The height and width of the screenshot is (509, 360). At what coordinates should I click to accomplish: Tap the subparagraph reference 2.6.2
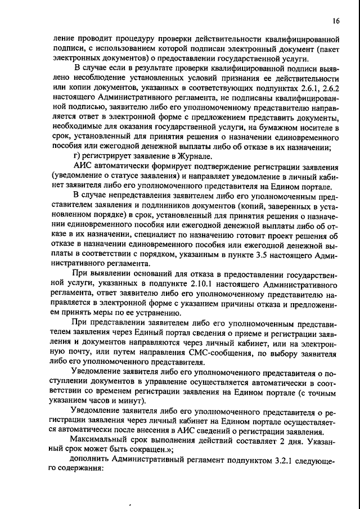327,88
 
